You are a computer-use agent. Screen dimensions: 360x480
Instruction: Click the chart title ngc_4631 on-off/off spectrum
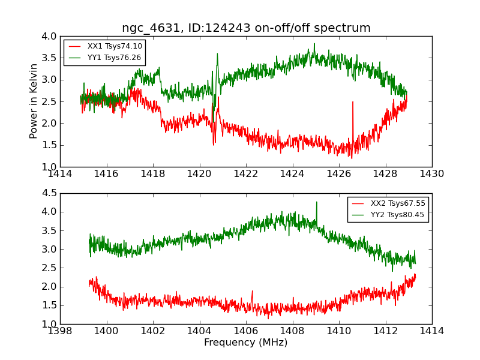pos(246,28)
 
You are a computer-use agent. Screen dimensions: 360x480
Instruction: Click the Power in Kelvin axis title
pos(34,101)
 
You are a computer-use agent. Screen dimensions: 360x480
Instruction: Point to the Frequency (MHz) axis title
pos(246,343)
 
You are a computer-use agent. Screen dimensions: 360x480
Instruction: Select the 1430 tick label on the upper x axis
pos(431,174)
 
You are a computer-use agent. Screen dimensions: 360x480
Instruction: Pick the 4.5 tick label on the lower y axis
pos(50,193)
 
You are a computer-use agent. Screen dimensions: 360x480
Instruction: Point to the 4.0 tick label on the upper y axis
pos(50,36)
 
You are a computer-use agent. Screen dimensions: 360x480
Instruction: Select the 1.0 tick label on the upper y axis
pos(50,167)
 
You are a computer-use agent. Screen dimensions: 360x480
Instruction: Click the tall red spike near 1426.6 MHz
pos(352,103)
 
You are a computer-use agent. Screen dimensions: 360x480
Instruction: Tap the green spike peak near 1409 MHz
pos(316,202)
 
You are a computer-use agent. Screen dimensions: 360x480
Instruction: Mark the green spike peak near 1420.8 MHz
pos(217,53)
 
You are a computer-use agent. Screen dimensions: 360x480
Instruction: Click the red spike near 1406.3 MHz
pos(252,291)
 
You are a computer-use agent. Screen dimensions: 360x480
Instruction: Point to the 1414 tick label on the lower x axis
pos(431,331)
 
